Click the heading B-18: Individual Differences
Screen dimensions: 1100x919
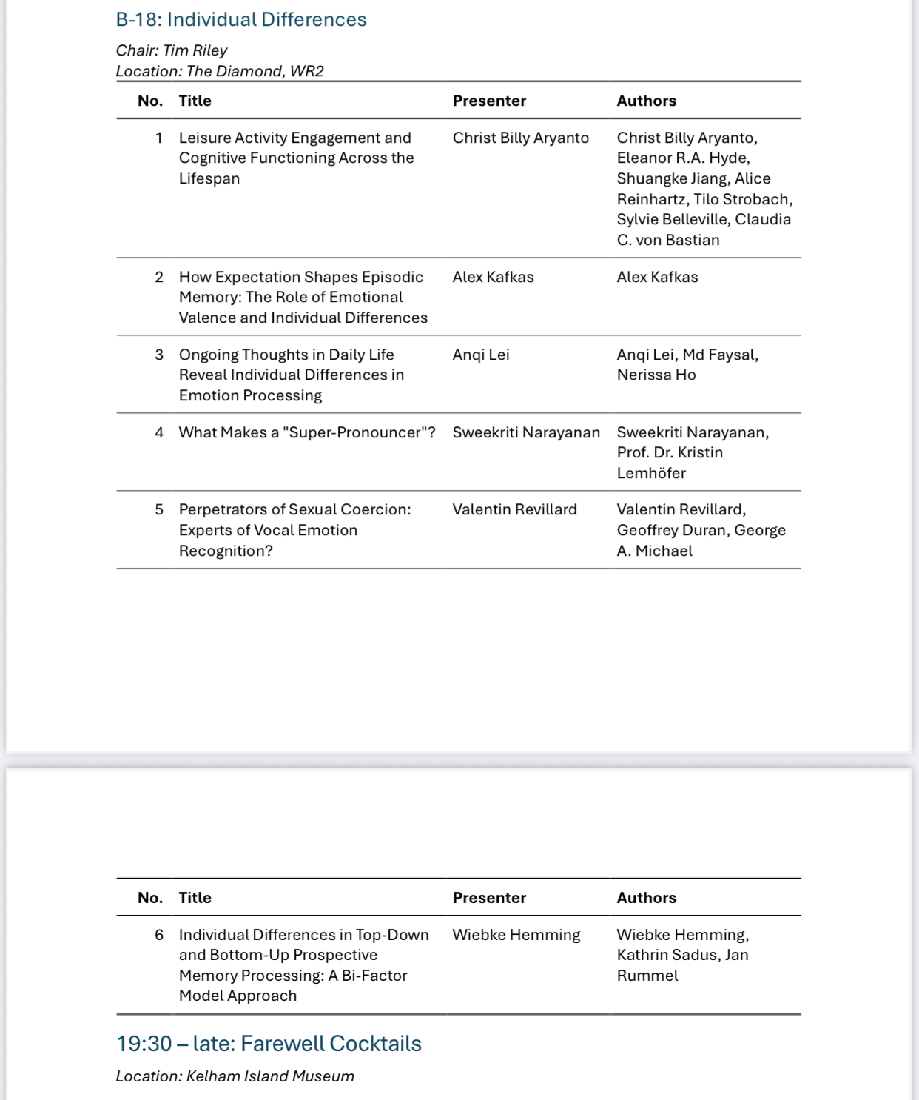click(241, 19)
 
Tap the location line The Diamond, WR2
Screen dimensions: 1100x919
click(220, 71)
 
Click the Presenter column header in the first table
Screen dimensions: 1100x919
click(489, 101)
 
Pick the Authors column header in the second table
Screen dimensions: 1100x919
click(646, 898)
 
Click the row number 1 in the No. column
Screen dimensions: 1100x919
click(159, 138)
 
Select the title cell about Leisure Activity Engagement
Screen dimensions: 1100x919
click(296, 158)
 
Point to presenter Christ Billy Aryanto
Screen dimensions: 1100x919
click(520, 138)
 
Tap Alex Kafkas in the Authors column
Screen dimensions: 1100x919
click(657, 277)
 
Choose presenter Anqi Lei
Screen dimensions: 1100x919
click(481, 355)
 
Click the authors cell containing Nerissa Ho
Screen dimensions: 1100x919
click(687, 365)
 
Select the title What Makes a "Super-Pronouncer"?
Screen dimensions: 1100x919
click(307, 432)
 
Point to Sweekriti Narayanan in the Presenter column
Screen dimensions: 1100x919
click(526, 432)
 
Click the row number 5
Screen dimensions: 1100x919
click(159, 509)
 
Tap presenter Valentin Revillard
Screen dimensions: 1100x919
click(514, 509)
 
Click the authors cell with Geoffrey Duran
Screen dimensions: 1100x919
click(701, 530)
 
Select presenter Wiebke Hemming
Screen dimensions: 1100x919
click(516, 935)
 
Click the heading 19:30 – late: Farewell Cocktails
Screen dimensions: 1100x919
click(269, 1044)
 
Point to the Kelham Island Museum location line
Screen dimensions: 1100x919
click(235, 1076)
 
